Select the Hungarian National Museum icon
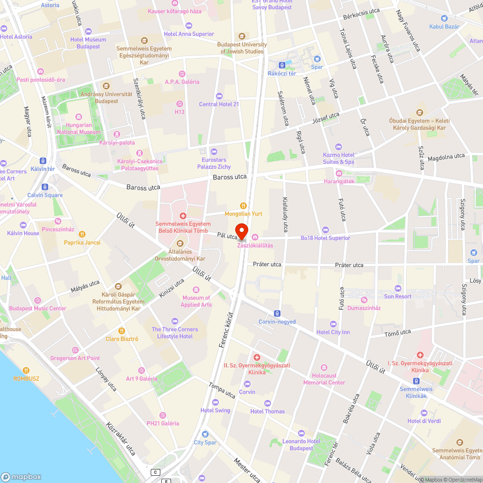click(x=79, y=117)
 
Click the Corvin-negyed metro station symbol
click(x=277, y=313)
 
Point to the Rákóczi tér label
click(x=282, y=73)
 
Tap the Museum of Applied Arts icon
click(x=196, y=290)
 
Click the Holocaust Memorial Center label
click(x=324, y=379)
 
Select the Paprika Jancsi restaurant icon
click(x=82, y=234)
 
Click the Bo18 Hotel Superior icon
click(x=325, y=230)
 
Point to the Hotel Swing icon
click(x=215, y=402)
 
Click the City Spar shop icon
click(x=205, y=434)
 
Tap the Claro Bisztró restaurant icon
click(x=122, y=331)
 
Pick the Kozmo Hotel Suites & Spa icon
click(x=339, y=147)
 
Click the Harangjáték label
click(x=339, y=181)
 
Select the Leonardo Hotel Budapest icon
click(x=301, y=433)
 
